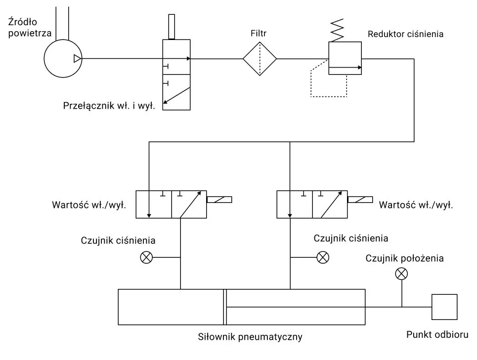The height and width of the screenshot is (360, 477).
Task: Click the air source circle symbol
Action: [x=63, y=59]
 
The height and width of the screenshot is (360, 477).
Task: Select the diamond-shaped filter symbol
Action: [x=260, y=59]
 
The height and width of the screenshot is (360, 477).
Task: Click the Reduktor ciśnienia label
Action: [x=405, y=35]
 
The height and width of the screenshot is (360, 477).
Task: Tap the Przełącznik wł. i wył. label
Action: [x=109, y=106]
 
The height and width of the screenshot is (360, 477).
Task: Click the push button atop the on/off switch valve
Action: [x=172, y=27]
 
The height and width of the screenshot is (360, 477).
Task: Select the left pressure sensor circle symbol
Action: [x=147, y=257]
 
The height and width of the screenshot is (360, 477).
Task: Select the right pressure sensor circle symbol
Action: [x=323, y=257]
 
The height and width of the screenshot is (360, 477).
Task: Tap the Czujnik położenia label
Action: [x=404, y=258]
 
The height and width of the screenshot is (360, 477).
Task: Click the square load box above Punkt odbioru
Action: [x=444, y=307]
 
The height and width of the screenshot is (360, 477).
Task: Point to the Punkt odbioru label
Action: [x=437, y=334]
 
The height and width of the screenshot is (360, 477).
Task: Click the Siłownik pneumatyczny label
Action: [x=250, y=338]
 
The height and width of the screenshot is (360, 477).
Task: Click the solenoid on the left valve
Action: [x=219, y=200]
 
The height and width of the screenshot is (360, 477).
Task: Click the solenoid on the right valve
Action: [x=360, y=200]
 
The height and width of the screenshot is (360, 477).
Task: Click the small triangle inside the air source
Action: [x=77, y=59]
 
